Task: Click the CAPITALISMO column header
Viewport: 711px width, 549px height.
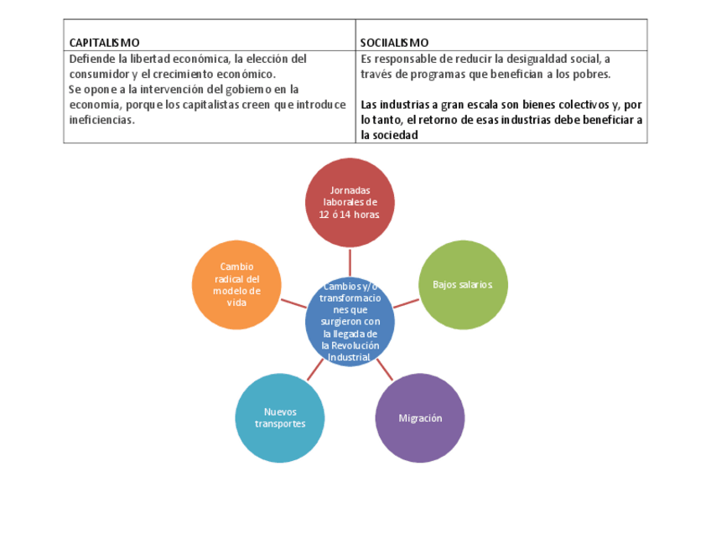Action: (105, 42)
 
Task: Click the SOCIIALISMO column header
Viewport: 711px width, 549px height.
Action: (395, 42)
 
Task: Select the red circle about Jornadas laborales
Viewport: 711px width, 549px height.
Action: (350, 202)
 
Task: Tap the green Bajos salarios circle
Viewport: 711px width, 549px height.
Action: (463, 284)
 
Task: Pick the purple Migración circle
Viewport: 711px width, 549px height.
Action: (420, 417)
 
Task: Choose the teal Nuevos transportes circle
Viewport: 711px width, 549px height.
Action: (280, 417)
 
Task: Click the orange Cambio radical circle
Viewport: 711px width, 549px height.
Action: (236, 284)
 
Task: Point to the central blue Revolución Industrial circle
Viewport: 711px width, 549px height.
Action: (350, 322)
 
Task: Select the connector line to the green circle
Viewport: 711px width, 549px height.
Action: (406, 303)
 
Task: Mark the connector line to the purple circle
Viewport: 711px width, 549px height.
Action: (385, 370)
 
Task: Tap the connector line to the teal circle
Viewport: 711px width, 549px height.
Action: (315, 370)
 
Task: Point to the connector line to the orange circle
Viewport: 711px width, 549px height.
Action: (293, 303)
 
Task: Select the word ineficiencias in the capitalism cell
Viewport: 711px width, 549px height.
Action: (101, 120)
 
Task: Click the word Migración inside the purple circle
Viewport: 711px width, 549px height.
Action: (420, 417)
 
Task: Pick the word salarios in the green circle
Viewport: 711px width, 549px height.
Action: (475, 284)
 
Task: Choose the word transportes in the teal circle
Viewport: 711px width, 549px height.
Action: (280, 423)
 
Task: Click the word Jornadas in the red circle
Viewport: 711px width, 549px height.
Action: (350, 189)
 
